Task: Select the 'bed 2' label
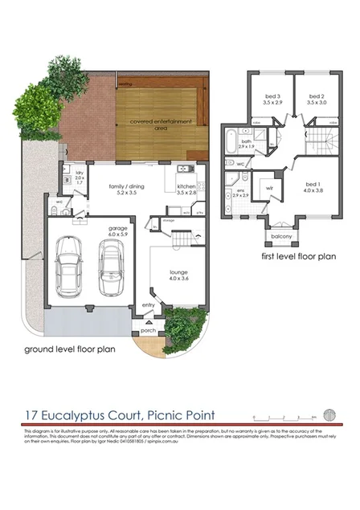(315, 100)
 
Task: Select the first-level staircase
(321, 144)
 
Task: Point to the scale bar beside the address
(276, 417)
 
